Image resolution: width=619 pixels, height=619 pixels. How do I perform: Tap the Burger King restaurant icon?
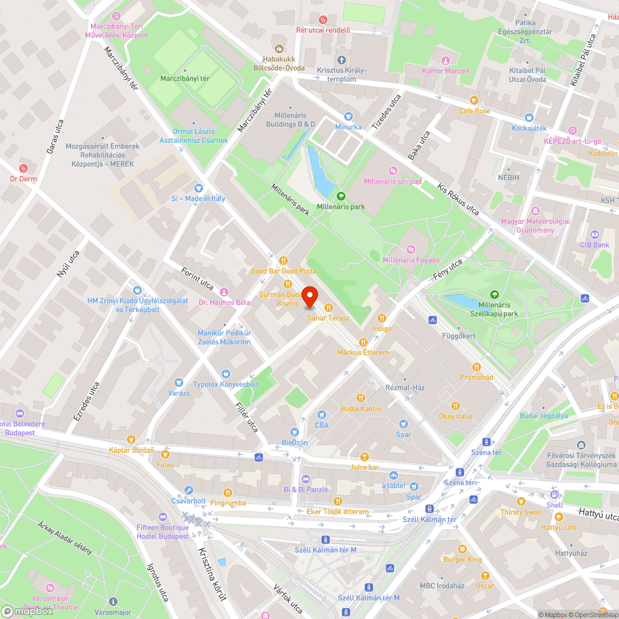[x=462, y=548]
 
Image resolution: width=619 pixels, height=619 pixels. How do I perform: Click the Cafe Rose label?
[x=474, y=111]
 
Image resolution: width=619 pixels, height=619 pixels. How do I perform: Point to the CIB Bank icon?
[x=595, y=235]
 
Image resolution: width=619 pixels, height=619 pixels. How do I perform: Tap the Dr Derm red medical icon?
[x=24, y=168]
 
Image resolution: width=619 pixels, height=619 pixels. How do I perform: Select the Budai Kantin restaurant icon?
[x=361, y=398]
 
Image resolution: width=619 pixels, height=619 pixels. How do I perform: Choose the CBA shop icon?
[x=321, y=415]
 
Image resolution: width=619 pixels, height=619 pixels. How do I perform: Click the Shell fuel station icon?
[x=555, y=495]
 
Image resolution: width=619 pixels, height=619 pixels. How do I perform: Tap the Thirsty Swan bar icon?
[x=521, y=501]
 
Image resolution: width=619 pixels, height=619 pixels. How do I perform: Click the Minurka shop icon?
[x=348, y=116]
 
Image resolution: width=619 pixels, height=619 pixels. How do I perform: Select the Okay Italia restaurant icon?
[x=456, y=405]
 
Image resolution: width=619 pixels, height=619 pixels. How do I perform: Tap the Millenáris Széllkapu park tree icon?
[x=494, y=295]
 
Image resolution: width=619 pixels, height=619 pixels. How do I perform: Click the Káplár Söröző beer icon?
[x=131, y=439]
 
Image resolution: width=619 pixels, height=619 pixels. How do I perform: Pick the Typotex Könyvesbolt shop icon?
[x=225, y=374]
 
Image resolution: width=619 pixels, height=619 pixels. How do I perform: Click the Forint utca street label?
[x=197, y=279]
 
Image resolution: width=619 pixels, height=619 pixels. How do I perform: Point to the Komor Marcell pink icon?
[x=445, y=61]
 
